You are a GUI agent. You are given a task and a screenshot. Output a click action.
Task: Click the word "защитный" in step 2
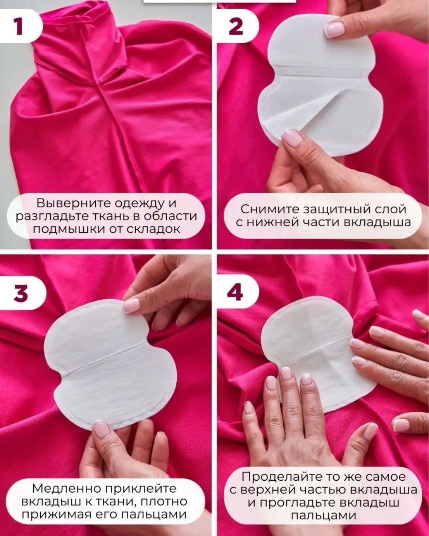click(338, 210)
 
